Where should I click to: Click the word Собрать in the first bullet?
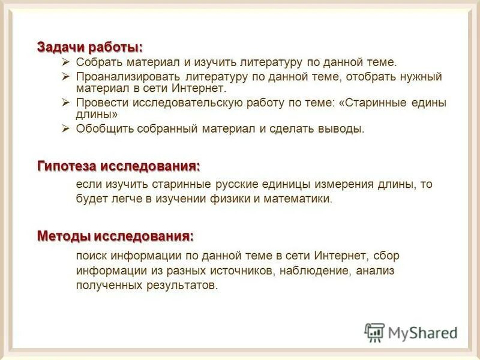pos(96,62)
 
